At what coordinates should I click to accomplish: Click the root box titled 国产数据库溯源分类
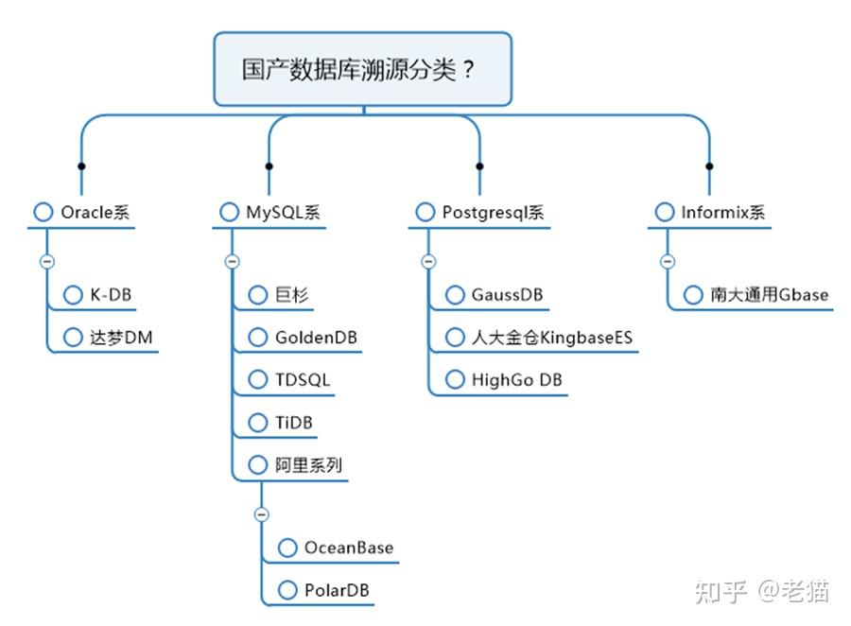362,70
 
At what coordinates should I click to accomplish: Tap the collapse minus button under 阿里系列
262,514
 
